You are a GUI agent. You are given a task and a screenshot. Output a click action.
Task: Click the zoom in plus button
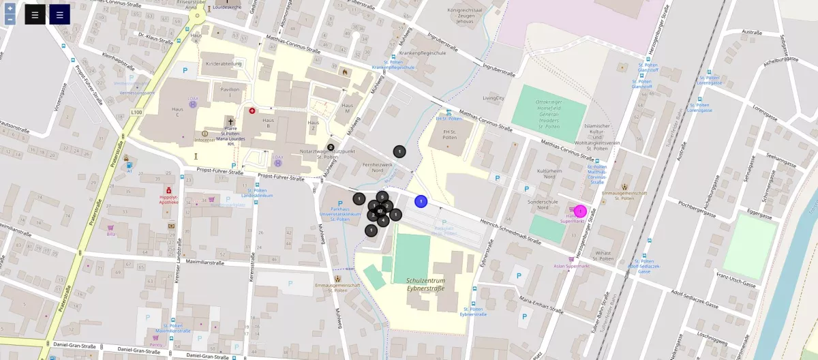click(x=10, y=8)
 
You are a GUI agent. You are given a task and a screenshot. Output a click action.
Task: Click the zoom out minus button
click(x=10, y=19)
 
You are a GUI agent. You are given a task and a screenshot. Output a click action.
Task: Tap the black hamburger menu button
click(x=35, y=14)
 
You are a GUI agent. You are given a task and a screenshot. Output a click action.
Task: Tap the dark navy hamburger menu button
click(x=59, y=14)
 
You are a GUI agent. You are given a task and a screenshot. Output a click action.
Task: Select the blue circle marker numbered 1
click(x=421, y=201)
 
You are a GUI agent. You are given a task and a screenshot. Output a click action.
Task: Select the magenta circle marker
click(x=580, y=211)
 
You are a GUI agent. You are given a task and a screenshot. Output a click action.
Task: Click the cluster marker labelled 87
click(x=378, y=212)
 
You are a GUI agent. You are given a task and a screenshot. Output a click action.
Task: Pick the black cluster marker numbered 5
click(x=382, y=197)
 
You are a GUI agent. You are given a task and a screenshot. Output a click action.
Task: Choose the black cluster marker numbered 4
click(x=383, y=220)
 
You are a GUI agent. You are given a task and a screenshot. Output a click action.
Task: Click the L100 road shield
click(x=136, y=112)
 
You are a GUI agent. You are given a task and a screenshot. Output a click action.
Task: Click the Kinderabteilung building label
click(x=224, y=63)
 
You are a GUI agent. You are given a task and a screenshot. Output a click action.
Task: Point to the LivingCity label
click(x=493, y=98)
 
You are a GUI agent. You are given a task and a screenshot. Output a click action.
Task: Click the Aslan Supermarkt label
click(x=571, y=266)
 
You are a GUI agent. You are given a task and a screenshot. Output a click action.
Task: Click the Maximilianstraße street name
click(x=204, y=262)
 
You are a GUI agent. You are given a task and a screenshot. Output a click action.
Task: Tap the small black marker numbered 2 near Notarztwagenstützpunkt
click(x=331, y=147)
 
